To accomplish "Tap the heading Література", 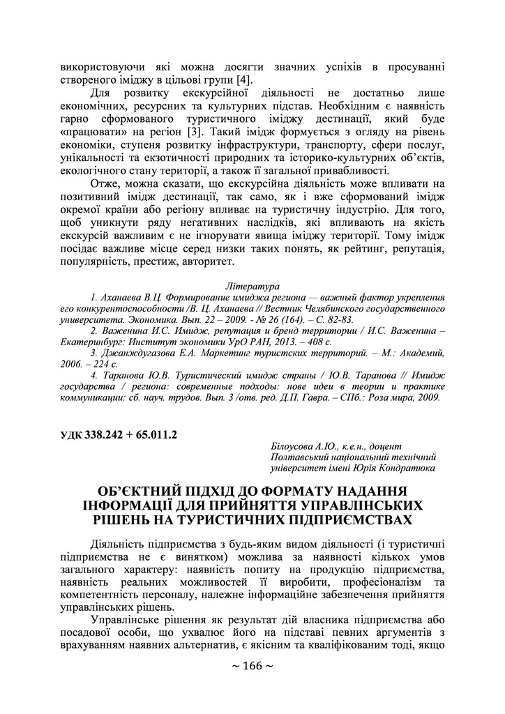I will (252, 287).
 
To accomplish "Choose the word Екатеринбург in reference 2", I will (88, 342).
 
